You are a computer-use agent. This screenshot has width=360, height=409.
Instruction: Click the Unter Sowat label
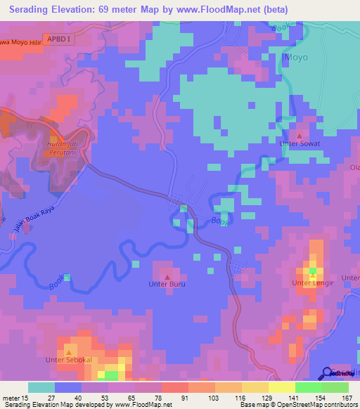tap(300, 144)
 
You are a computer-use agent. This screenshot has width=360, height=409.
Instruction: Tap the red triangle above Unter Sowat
tap(300, 134)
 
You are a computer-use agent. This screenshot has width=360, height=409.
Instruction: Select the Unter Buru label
tap(167, 284)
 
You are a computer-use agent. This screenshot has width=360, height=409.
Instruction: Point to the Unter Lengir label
tap(311, 283)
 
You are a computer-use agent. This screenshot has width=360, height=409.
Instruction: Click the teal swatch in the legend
tap(41, 387)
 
